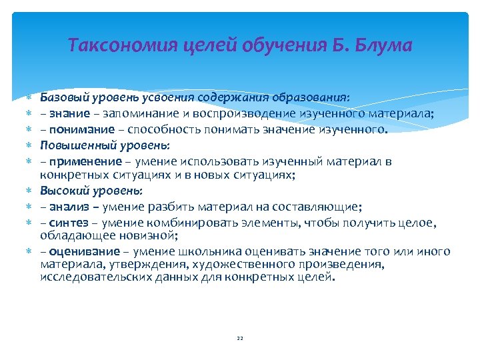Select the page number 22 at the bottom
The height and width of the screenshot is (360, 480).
[x=239, y=339]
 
